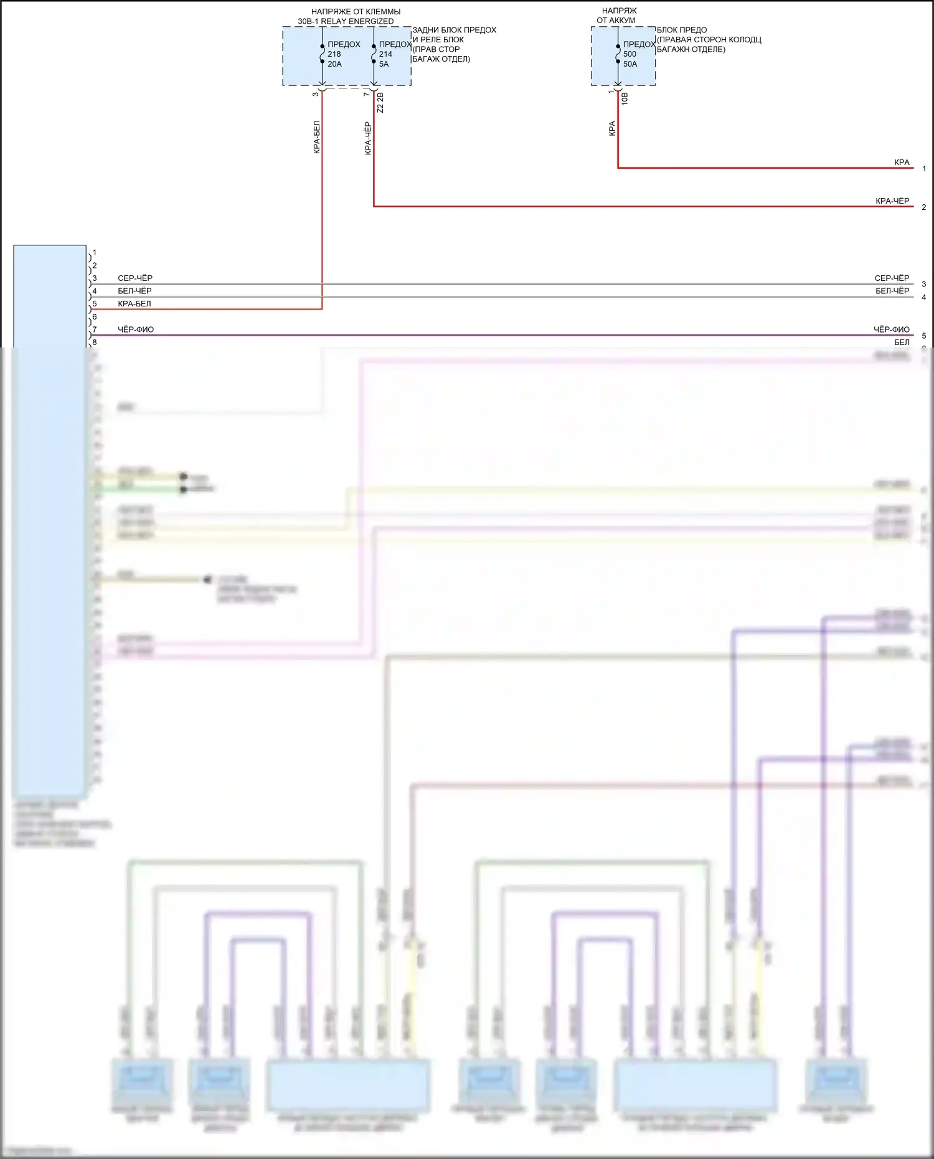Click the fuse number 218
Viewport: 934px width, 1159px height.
(x=334, y=54)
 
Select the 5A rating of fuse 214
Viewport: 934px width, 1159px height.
(x=384, y=64)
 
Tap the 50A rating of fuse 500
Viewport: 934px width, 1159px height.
(x=630, y=64)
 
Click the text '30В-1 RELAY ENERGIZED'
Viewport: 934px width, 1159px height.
(x=346, y=21)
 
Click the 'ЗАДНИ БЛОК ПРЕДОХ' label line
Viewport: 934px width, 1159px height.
(x=454, y=30)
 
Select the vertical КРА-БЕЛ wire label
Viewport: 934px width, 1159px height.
(x=316, y=138)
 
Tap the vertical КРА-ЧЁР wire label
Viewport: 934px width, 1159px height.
(x=368, y=138)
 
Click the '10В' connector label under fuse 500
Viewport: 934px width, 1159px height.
(x=625, y=99)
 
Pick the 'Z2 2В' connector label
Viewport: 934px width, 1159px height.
(x=380, y=103)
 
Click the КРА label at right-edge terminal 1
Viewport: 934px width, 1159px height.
(x=902, y=163)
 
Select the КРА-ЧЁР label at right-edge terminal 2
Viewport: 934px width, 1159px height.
(x=892, y=201)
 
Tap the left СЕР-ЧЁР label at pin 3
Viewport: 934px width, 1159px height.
(x=135, y=278)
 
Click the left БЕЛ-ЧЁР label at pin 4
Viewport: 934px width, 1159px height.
(x=134, y=291)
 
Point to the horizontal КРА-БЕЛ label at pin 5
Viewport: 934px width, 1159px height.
(x=134, y=304)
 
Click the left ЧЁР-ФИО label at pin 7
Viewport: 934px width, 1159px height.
(x=136, y=329)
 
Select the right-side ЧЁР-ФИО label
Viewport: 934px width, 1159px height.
(x=891, y=329)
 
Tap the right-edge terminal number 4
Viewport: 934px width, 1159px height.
(x=924, y=297)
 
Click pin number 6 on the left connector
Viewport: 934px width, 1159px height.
(x=95, y=317)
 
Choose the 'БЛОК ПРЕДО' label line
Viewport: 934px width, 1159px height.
(x=681, y=30)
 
